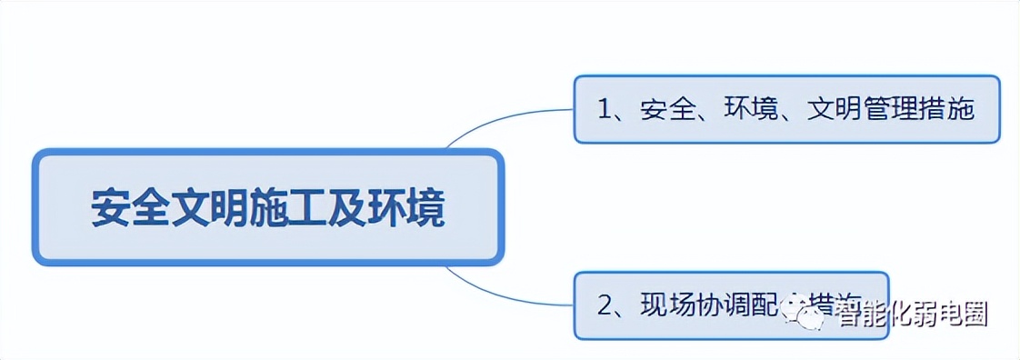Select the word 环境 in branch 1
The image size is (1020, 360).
click(748, 110)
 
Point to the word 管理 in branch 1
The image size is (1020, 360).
click(889, 110)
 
